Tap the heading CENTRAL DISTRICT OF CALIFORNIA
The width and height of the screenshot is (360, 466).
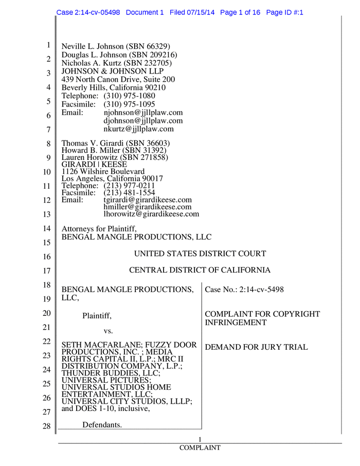coord(200,270)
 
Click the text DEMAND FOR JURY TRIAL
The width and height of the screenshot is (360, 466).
coord(257,348)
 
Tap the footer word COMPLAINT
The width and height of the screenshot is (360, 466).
coord(200,448)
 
